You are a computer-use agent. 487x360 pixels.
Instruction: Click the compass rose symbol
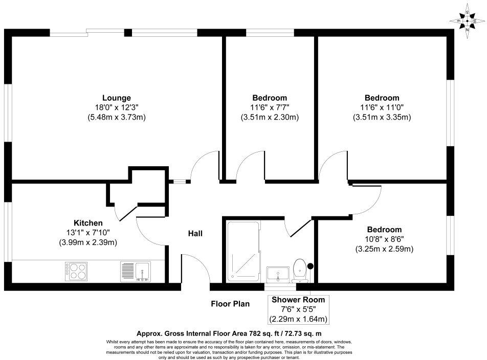pos(467,21)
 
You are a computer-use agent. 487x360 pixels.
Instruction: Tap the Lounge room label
pos(117,98)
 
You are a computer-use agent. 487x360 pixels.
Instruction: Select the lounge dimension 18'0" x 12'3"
pos(117,107)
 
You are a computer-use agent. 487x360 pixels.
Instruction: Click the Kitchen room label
pos(88,223)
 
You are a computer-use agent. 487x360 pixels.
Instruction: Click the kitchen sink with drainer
pos(136,271)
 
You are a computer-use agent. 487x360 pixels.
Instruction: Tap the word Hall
pos(195,234)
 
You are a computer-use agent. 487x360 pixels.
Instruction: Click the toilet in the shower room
pos(301,271)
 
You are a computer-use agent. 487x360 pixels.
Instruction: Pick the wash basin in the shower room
pos(278,273)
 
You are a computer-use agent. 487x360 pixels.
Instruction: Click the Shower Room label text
pos(298,300)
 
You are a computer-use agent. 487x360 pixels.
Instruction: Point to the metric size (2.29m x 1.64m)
pos(298,320)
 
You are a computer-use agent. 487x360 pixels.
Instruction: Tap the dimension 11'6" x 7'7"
pos(270,107)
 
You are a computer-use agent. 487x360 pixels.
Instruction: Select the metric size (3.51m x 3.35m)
pos(382,117)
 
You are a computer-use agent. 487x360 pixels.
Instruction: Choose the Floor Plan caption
pos(231,304)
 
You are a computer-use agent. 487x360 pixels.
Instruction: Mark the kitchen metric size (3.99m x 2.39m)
pos(88,242)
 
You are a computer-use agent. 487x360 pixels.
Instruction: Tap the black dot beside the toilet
pos(310,265)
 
